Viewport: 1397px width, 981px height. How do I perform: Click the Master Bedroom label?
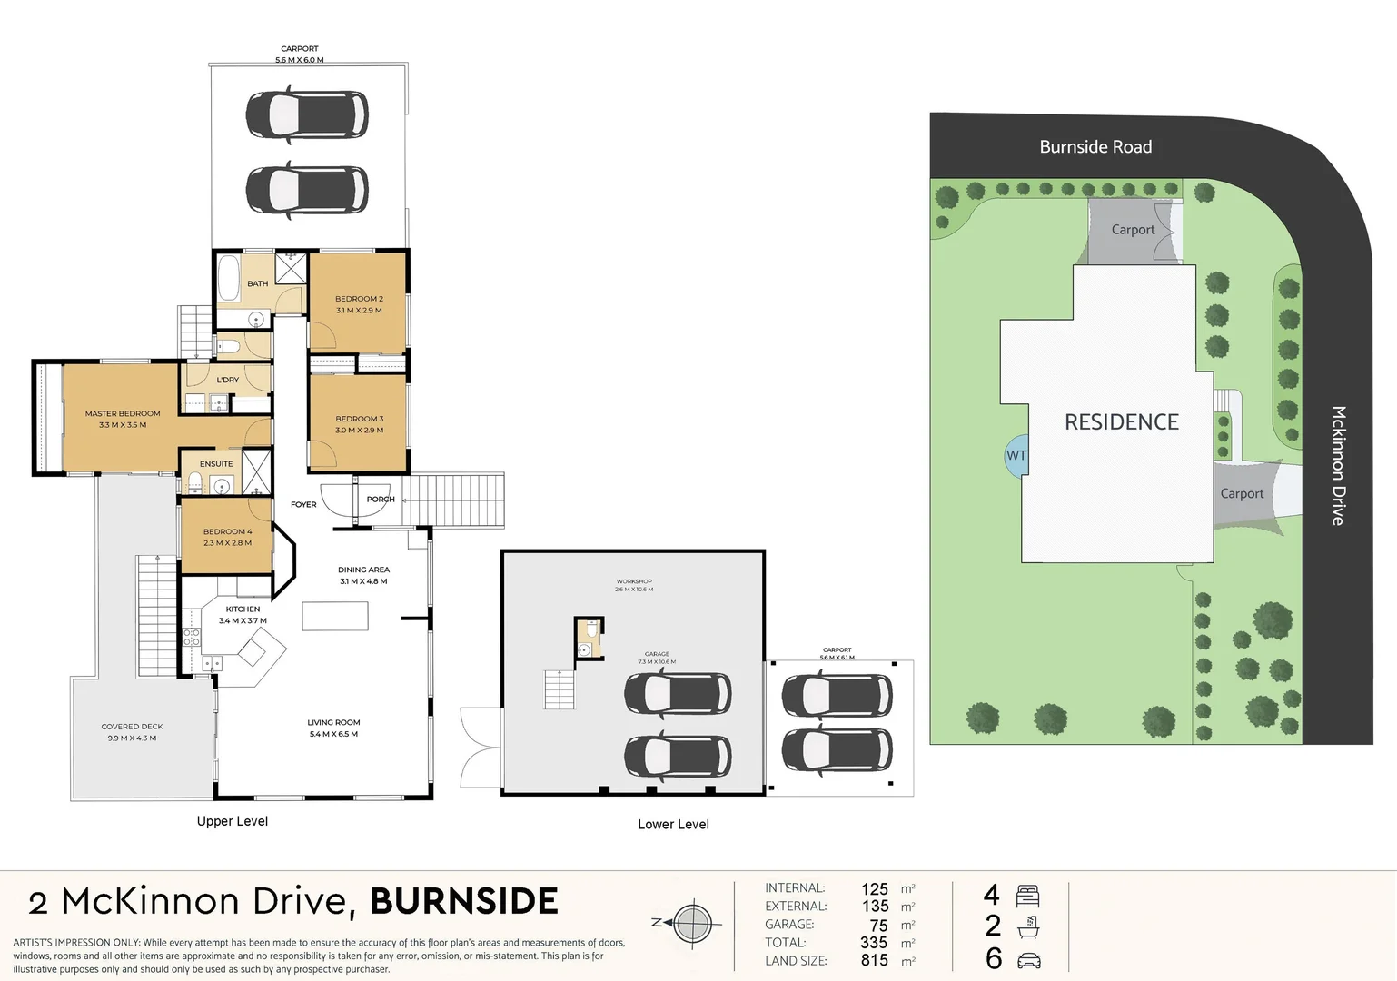pyautogui.click(x=123, y=414)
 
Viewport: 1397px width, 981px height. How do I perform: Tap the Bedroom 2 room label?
pyautogui.click(x=359, y=299)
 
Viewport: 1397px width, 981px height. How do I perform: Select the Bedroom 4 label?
pyautogui.click(x=227, y=531)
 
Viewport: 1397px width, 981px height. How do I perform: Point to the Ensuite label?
pyautogui.click(x=216, y=464)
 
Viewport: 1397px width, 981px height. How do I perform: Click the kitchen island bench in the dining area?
pyautogui.click(x=335, y=615)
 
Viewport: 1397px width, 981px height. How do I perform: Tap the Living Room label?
pyautogui.click(x=333, y=723)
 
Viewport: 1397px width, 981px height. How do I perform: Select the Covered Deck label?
pyautogui.click(x=132, y=727)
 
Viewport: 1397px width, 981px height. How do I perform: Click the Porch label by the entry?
pyautogui.click(x=381, y=500)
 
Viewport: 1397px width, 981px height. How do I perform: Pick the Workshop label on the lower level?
pyautogui.click(x=634, y=581)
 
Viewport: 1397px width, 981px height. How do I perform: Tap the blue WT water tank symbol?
pyautogui.click(x=1016, y=456)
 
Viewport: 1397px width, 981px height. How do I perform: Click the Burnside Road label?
pyautogui.click(x=1095, y=147)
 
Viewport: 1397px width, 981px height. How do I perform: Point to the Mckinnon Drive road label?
pyautogui.click(x=1338, y=465)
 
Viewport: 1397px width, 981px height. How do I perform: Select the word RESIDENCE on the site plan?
pyautogui.click(x=1121, y=422)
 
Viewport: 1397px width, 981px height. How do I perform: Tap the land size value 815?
pyautogui.click(x=875, y=960)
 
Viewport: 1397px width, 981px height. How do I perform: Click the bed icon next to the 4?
pyautogui.click(x=1028, y=897)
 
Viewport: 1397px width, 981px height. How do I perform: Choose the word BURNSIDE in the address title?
pyautogui.click(x=464, y=901)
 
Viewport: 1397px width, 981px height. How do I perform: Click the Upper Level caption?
pyautogui.click(x=233, y=821)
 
